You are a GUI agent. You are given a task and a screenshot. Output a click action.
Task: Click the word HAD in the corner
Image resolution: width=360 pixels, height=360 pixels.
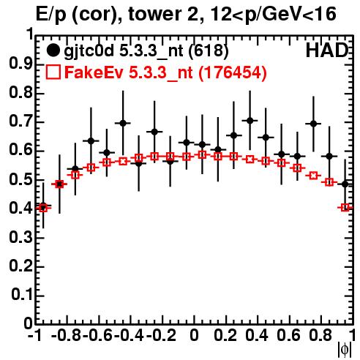tap(327, 50)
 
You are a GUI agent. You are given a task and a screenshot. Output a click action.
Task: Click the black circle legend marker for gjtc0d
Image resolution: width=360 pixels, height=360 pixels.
tap(53, 50)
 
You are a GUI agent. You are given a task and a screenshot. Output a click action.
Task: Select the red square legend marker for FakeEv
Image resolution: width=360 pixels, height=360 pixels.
tap(53, 72)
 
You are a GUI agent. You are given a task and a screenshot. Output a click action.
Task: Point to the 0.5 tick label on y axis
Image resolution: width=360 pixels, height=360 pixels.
tap(21, 180)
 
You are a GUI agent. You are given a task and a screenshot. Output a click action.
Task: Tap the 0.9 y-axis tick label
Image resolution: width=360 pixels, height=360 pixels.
tap(21, 64)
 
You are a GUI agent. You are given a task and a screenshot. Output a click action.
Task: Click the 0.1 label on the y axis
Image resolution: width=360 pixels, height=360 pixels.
tap(22, 295)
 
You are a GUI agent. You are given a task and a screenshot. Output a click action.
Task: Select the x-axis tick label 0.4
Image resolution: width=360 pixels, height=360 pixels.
tap(257, 335)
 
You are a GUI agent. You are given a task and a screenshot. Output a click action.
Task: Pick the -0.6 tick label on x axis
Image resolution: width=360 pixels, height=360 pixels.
tap(98, 335)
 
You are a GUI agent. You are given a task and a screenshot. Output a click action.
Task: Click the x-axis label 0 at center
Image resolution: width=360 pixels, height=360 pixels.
tap(194, 335)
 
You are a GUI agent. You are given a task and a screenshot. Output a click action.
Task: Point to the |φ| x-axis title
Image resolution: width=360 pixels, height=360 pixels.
tap(345, 350)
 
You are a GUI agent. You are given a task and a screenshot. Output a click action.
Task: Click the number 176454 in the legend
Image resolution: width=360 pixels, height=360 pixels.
tap(232, 72)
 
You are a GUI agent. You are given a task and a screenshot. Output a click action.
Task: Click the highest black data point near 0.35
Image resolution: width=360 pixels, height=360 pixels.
tap(250, 121)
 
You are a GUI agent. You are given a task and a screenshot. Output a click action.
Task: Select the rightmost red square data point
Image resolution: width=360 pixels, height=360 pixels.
tap(345, 208)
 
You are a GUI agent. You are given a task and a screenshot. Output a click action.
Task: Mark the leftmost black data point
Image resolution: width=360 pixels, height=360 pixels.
tap(43, 206)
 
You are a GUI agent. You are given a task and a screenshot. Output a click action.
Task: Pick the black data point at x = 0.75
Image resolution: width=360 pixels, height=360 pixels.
tap(313, 124)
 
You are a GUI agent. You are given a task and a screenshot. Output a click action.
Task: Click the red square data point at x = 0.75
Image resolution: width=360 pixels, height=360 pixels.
tap(313, 176)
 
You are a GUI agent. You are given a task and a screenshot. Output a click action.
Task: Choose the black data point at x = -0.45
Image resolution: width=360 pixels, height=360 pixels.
tap(123, 123)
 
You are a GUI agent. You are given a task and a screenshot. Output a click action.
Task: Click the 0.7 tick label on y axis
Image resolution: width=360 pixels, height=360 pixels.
tap(21, 121)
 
